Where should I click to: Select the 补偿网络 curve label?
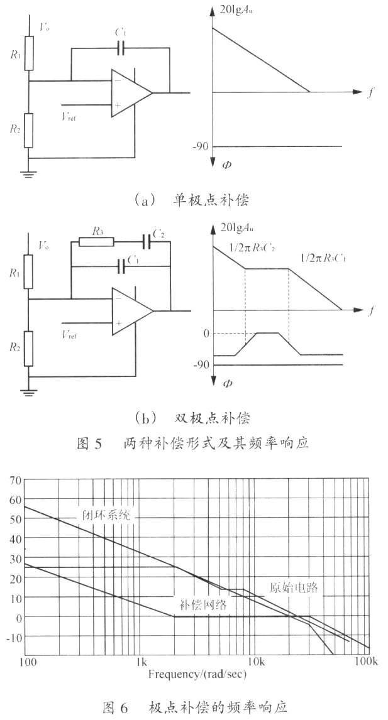[x=202, y=604]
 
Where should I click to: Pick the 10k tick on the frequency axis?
[x=255, y=662]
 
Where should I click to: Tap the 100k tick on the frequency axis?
[x=369, y=662]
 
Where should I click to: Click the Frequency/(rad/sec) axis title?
[x=197, y=674]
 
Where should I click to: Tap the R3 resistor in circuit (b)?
[x=97, y=241]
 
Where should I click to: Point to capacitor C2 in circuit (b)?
[x=147, y=241]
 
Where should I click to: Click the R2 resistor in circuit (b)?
[x=28, y=349]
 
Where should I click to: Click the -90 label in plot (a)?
[x=201, y=146]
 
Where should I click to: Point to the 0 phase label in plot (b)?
[x=206, y=333]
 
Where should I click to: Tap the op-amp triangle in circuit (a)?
[x=131, y=93]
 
